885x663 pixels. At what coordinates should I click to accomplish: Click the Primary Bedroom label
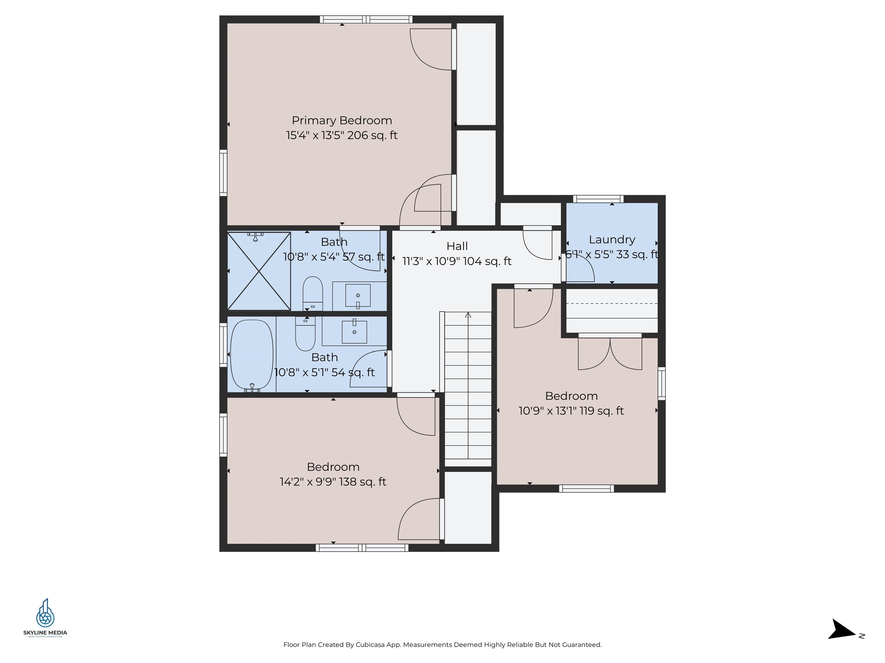(342, 120)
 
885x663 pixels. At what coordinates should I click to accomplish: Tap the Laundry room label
(612, 240)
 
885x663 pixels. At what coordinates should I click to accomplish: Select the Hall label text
(457, 246)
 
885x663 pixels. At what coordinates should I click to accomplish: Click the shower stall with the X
(259, 271)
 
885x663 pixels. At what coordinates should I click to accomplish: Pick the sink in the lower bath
(354, 332)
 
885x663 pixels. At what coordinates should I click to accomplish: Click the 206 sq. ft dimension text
(372, 136)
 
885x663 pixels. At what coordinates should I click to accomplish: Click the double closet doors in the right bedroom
(610, 353)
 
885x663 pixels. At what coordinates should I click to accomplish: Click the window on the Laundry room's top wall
(598, 199)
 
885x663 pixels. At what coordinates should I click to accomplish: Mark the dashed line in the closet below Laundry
(612, 304)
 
